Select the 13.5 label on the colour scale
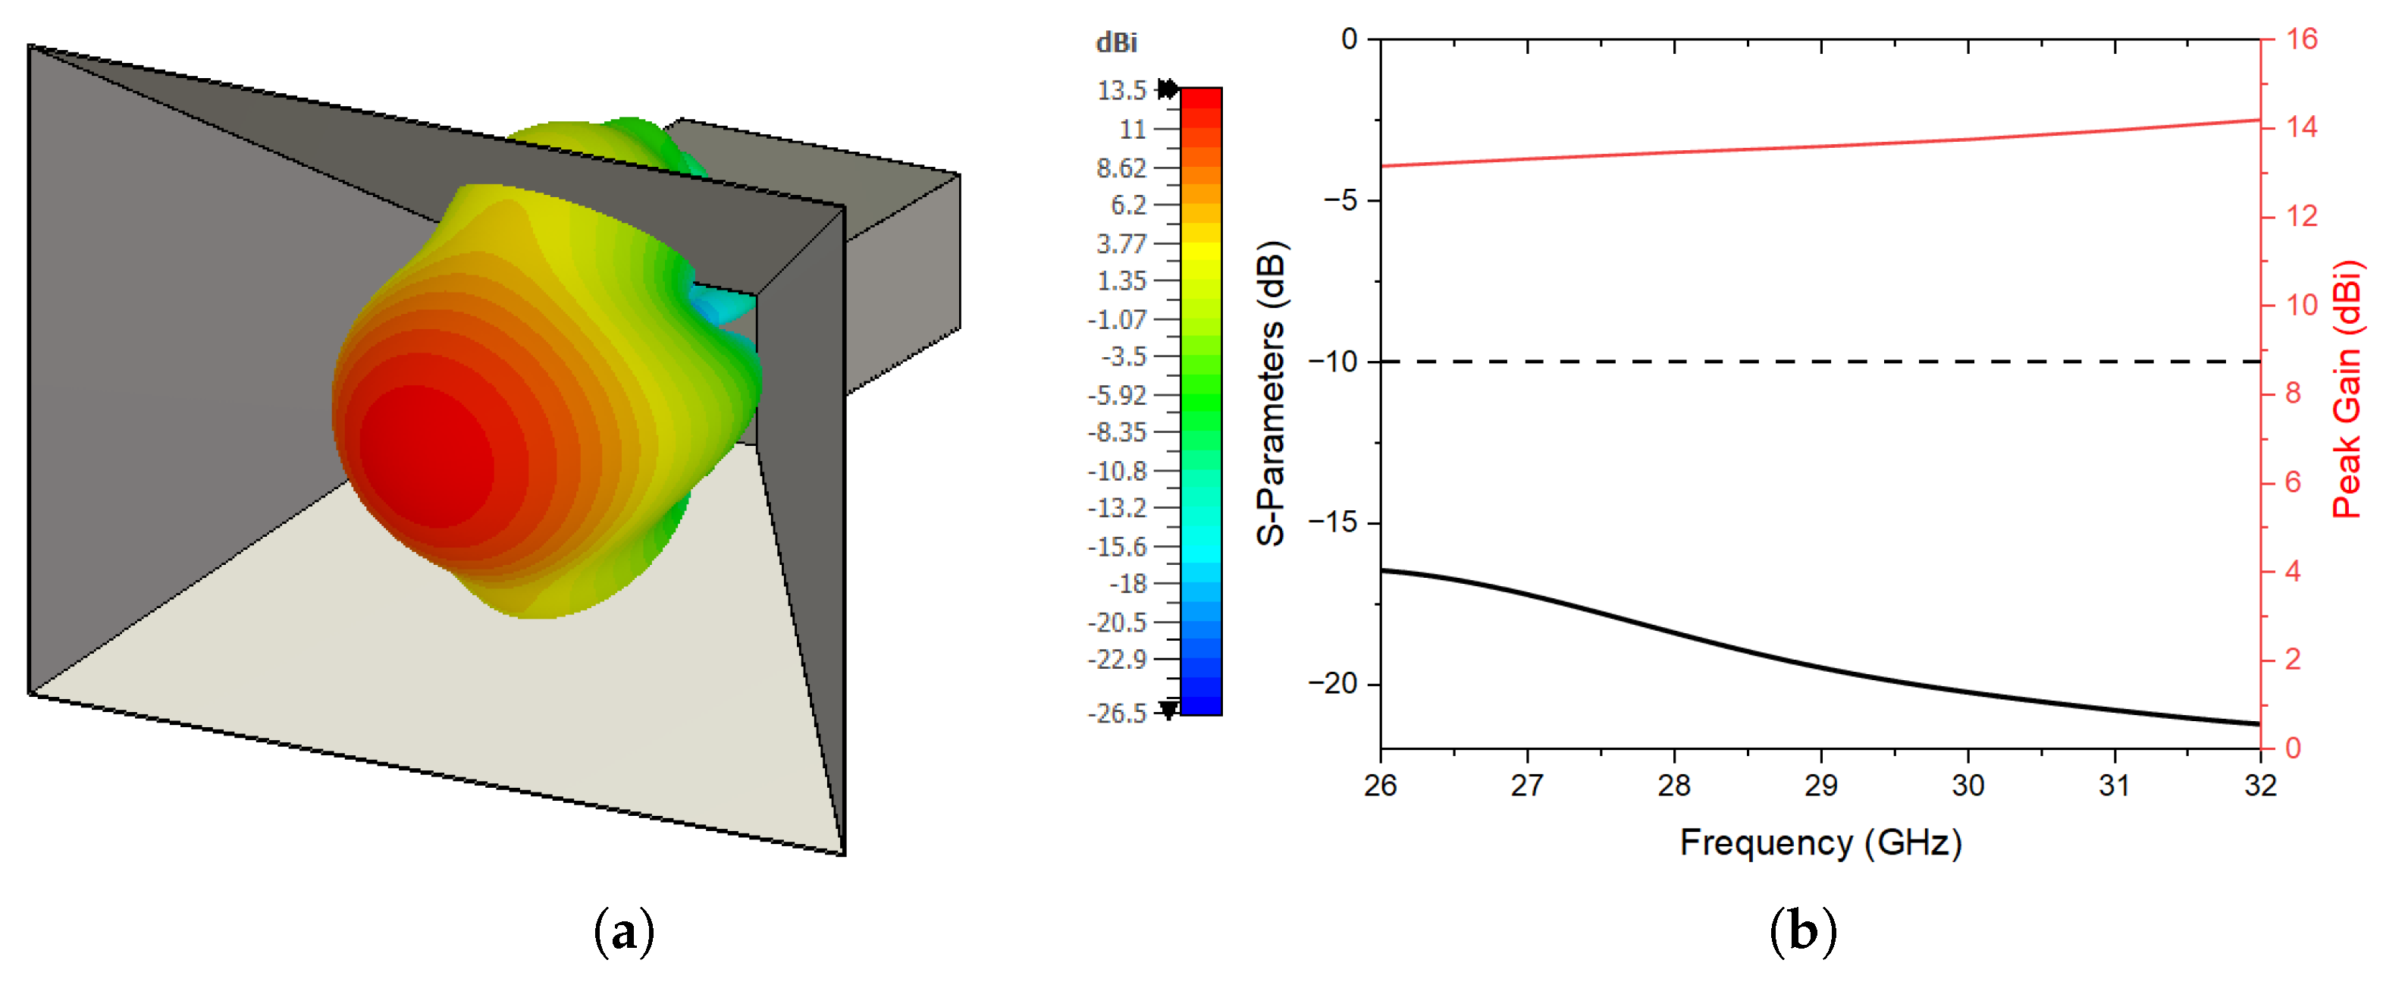point(1121,91)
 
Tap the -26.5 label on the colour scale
point(1117,713)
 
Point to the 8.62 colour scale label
point(1121,168)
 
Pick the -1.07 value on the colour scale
point(1117,319)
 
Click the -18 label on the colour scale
point(1127,584)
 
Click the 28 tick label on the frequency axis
point(1673,786)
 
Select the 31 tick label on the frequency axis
point(2114,786)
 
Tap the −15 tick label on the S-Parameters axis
point(1332,522)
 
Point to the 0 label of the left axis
point(1349,39)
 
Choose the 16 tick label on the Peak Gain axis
point(2302,39)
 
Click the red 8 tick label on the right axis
point(2292,393)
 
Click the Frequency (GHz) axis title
point(1820,842)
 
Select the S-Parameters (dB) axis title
point(1272,393)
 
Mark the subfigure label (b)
point(1802,930)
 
